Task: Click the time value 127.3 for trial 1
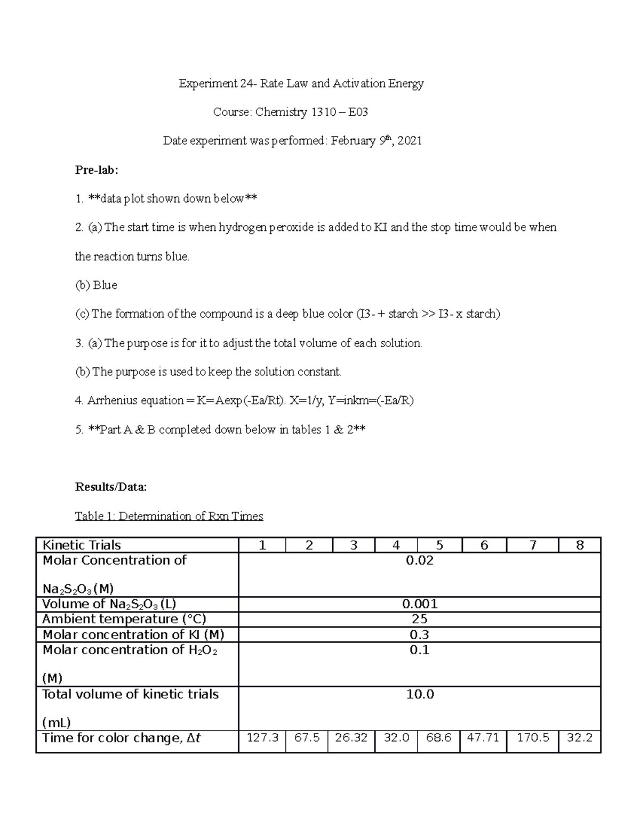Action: pyautogui.click(x=262, y=738)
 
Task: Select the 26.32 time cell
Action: pyautogui.click(x=351, y=738)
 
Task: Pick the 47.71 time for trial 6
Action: pyautogui.click(x=483, y=738)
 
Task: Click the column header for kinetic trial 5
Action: pyautogui.click(x=439, y=545)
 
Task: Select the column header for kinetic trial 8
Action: pyautogui.click(x=580, y=545)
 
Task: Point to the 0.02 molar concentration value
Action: pyautogui.click(x=420, y=560)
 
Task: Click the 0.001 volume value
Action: pyautogui.click(x=420, y=604)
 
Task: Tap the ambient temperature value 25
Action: pyautogui.click(x=420, y=619)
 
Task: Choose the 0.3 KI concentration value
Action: pyautogui.click(x=420, y=634)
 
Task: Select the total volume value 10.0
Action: pyautogui.click(x=420, y=694)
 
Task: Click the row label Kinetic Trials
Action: pyautogui.click(x=82, y=545)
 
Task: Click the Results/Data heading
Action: pyautogui.click(x=111, y=487)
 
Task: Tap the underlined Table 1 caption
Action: pyautogui.click(x=169, y=516)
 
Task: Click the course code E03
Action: pyautogui.click(x=358, y=112)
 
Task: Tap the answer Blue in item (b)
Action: pyautogui.click(x=105, y=285)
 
